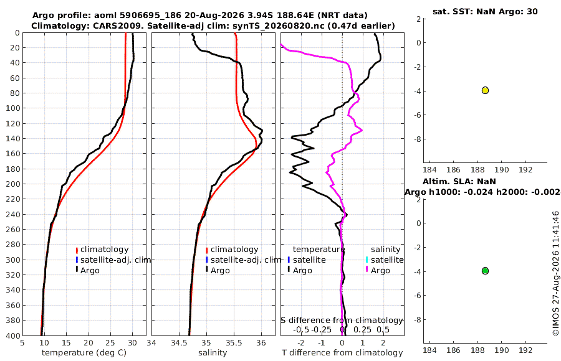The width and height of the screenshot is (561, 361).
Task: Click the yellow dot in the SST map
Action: (485, 90)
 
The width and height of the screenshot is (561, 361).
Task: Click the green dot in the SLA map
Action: (485, 271)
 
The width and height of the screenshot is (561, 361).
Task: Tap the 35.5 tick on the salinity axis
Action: (234, 342)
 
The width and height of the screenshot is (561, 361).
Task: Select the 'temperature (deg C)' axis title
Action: (84, 353)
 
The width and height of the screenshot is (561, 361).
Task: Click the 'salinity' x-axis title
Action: (213, 353)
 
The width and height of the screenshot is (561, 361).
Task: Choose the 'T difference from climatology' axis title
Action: (342, 353)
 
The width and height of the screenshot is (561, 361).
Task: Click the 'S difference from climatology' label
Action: (342, 320)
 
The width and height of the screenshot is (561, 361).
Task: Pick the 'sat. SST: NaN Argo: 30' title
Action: (485, 11)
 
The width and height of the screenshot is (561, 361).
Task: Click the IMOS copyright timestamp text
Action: (555, 273)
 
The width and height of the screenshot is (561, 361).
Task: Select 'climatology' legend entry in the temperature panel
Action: (104, 250)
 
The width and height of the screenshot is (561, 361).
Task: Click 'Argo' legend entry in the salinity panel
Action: (220, 271)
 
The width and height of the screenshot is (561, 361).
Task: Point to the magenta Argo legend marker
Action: (367, 270)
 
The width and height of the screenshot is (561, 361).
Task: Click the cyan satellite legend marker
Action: (367, 260)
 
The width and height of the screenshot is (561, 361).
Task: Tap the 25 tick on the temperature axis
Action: (110, 342)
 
